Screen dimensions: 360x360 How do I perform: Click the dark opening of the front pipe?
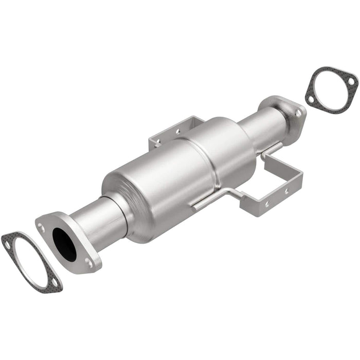coord(64,243)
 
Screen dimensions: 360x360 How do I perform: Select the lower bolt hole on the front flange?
coord(88,262)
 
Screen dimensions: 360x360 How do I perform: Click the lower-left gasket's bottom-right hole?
coord(53,282)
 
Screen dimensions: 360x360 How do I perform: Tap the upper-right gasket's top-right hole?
coord(350,81)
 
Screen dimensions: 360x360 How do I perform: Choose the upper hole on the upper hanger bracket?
coord(177,132)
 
